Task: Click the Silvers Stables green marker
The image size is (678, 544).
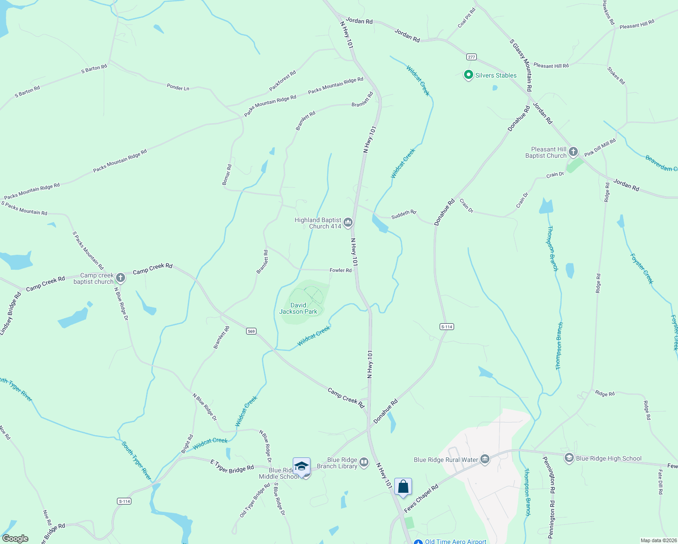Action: [469, 75]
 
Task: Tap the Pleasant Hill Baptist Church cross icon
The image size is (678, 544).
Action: [573, 152]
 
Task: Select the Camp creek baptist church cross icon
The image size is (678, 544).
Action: [120, 277]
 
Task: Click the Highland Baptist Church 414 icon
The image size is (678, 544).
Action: [348, 222]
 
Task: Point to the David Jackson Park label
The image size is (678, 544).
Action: [298, 308]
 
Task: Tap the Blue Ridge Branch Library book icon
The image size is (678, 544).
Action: [364, 462]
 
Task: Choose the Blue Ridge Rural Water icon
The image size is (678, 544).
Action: [485, 460]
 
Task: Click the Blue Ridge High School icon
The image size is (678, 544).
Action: [569, 458]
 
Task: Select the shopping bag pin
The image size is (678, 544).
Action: [403, 487]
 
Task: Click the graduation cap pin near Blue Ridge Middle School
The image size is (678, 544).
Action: [301, 466]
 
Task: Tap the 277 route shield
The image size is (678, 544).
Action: [471, 57]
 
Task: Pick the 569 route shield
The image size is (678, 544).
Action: [252, 331]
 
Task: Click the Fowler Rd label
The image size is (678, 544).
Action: [340, 270]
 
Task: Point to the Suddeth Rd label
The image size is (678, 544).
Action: [403, 214]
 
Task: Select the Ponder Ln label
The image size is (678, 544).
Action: [178, 87]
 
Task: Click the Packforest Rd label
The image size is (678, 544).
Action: [282, 80]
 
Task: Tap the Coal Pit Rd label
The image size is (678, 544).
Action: [466, 18]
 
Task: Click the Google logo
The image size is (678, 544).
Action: [15, 539]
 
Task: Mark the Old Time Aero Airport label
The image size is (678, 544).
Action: [455, 541]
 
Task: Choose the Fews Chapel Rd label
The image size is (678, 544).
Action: [421, 498]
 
